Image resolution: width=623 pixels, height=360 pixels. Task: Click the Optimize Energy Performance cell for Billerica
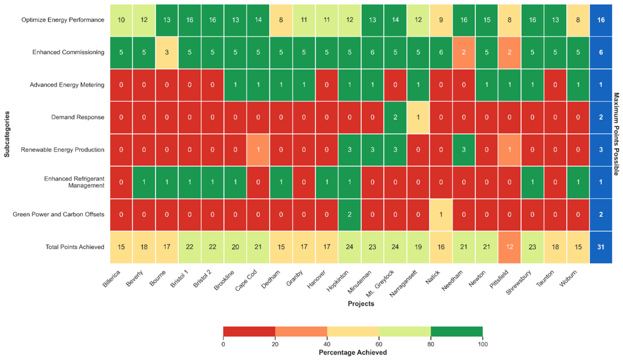(x=121, y=20)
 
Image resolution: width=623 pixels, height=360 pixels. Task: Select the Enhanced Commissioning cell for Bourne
(x=167, y=52)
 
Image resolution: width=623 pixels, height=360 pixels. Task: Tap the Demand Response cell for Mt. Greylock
(x=395, y=117)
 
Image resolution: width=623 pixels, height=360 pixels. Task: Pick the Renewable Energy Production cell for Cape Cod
(x=258, y=150)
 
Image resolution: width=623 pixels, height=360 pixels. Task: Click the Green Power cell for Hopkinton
(x=350, y=215)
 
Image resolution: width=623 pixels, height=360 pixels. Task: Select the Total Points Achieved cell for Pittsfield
(x=509, y=247)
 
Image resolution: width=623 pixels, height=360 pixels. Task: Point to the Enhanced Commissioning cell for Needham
(x=464, y=52)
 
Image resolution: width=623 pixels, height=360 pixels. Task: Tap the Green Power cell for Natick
(x=441, y=215)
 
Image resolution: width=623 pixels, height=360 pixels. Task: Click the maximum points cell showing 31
(x=601, y=247)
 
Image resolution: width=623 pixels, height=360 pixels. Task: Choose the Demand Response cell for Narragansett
(x=418, y=117)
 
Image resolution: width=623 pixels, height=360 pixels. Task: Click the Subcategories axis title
(x=7, y=134)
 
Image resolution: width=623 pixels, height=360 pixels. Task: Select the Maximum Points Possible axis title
(x=616, y=134)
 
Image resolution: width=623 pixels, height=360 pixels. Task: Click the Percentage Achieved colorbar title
(x=353, y=352)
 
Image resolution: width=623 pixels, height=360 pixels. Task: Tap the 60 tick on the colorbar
(x=379, y=344)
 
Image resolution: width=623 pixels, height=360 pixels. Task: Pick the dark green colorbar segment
(x=457, y=331)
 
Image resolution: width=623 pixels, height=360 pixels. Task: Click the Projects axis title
(x=361, y=304)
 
